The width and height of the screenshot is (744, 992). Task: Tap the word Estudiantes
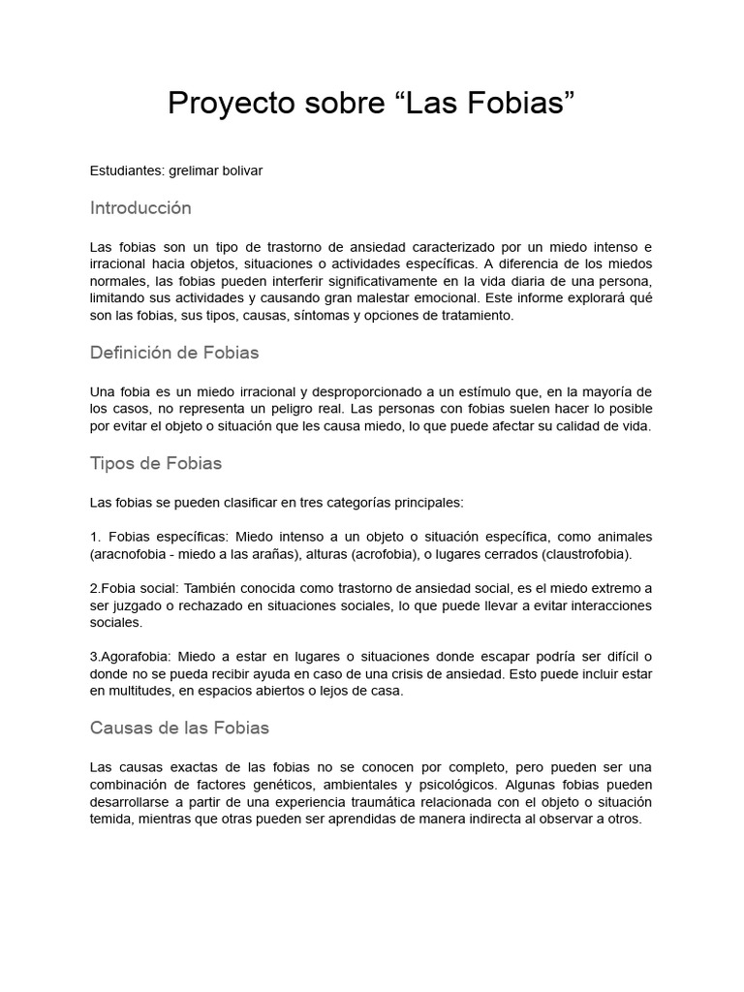[x=128, y=170]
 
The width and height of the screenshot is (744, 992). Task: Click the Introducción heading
[x=140, y=208]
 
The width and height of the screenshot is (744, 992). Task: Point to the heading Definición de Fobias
[x=174, y=353]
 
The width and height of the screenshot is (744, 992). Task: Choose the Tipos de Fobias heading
[x=156, y=463]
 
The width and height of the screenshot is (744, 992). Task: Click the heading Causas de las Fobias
[x=179, y=727]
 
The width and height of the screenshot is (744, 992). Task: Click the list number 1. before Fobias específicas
[x=95, y=537]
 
